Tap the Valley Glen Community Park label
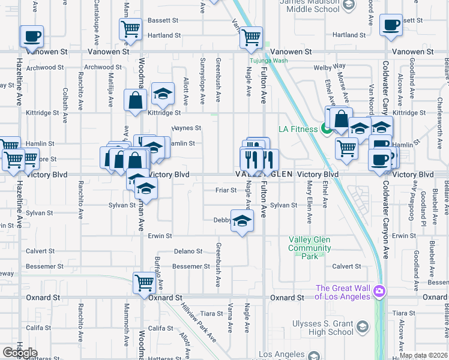point(309,248)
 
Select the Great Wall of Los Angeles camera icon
point(379,292)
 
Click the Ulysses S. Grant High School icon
point(362,326)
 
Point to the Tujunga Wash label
point(269,61)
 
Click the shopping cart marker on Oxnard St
point(144,282)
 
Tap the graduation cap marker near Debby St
point(243,222)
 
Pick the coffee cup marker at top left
point(31,36)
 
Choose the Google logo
point(20,353)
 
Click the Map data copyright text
point(424,355)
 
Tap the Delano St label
point(188,251)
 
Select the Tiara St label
point(211,313)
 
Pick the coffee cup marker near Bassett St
point(391,26)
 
